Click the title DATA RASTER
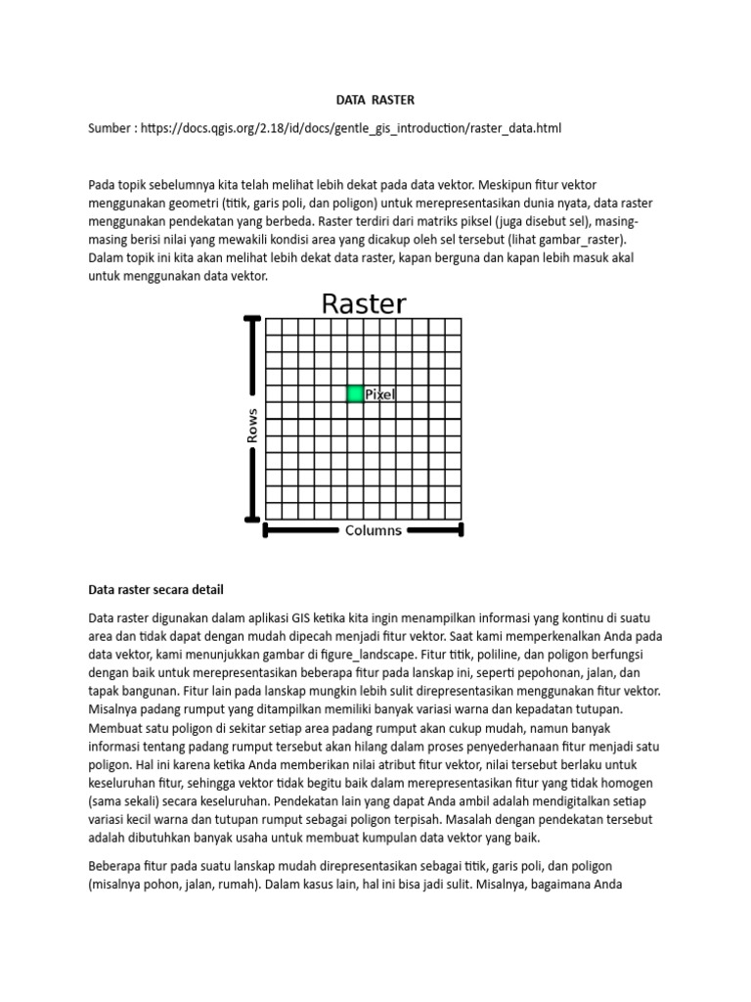(375, 99)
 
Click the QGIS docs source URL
(351, 128)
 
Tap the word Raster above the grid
(363, 303)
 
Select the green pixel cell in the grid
(355, 393)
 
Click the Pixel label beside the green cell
(380, 394)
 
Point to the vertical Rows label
(252, 426)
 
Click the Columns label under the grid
(373, 530)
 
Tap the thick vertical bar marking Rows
(253, 419)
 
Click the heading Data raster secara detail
(156, 589)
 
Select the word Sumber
(110, 128)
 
